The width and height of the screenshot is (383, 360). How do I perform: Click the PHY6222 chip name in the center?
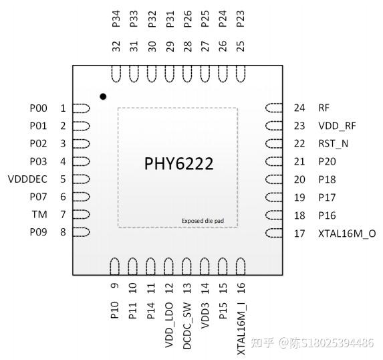pyautogui.click(x=179, y=164)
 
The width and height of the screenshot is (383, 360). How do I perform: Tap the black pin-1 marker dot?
pyautogui.click(x=103, y=97)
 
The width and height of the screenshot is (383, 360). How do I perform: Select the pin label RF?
pyautogui.click(x=324, y=108)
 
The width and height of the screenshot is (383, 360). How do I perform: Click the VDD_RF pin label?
pyautogui.click(x=338, y=126)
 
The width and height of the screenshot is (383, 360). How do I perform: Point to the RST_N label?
pyautogui.click(x=333, y=144)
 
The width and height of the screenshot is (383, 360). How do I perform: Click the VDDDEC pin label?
pyautogui.click(x=27, y=179)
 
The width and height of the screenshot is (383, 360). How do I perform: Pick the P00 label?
pyautogui.click(x=38, y=108)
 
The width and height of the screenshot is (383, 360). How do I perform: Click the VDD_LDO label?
pyautogui.click(x=170, y=319)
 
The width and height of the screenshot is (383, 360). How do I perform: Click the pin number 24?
pyautogui.click(x=299, y=108)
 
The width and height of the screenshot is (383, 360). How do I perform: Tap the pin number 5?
pyautogui.click(x=63, y=179)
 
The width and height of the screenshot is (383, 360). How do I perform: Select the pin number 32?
pyautogui.click(x=116, y=46)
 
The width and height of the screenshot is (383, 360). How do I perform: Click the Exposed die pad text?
pyautogui.click(x=207, y=221)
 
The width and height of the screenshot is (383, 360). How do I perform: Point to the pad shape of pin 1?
pyautogui.click(x=81, y=108)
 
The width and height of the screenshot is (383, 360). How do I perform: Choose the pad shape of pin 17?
pyautogui.click(x=275, y=234)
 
